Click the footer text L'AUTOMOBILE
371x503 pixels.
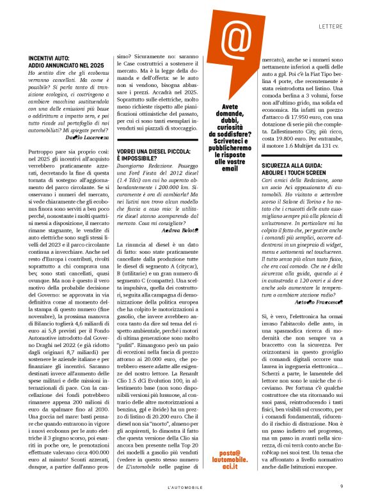click(185, 487)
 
